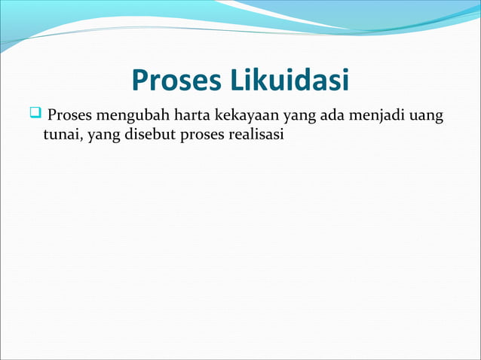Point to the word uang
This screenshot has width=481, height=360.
click(424, 118)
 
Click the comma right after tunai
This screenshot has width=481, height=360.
click(85, 139)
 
